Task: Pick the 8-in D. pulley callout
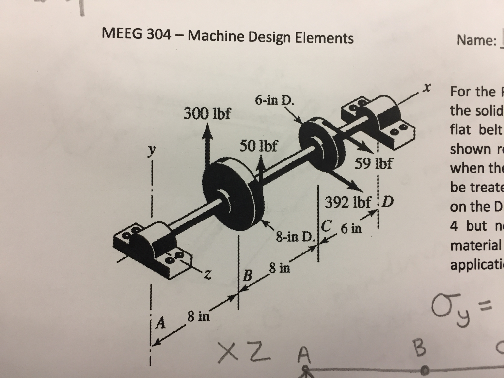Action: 294,238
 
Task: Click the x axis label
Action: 427,89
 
